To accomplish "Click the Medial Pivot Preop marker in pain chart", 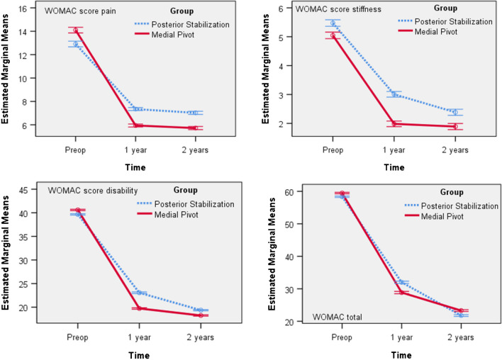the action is point(76,30).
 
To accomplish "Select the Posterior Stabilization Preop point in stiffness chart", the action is point(333,23).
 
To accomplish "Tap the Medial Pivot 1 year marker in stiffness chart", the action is point(394,124).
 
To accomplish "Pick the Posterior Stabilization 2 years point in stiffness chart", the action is point(455,112).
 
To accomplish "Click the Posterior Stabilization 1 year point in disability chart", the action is point(139,293).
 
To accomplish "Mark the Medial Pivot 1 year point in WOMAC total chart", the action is point(401,292).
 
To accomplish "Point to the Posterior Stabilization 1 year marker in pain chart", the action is point(135,109).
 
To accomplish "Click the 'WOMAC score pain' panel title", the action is point(80,11).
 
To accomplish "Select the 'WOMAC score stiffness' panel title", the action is point(338,9).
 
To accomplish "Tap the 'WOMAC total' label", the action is point(337,317).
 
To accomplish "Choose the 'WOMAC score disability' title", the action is point(93,191).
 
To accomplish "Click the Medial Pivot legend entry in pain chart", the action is point(164,35).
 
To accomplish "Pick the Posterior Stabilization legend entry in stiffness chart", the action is point(445,21).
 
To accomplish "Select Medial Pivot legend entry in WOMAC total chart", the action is point(434,216).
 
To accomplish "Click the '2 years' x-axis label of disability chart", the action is point(201,337).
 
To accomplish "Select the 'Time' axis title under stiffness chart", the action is point(394,167).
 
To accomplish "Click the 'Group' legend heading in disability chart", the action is point(185,190).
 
